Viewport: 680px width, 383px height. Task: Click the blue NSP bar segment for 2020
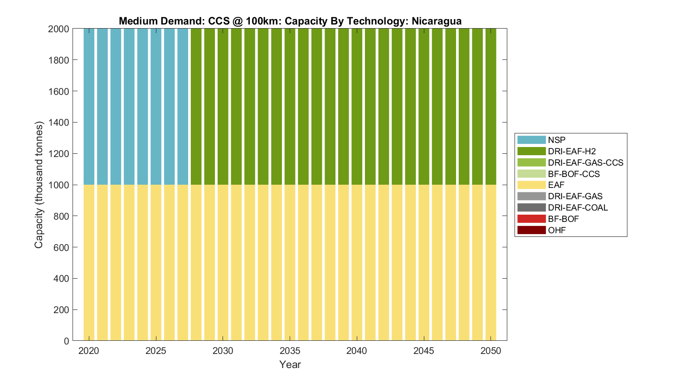(x=89, y=107)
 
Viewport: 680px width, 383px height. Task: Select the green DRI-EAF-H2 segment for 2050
(x=491, y=107)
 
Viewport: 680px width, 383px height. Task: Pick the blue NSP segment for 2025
(x=156, y=107)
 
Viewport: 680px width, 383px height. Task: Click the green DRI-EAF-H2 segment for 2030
(x=223, y=107)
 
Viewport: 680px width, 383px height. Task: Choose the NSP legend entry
(x=556, y=140)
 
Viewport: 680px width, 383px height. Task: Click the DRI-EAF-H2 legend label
(x=572, y=151)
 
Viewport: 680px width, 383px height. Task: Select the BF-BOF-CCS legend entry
(x=573, y=174)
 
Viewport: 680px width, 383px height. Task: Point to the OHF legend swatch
(x=531, y=230)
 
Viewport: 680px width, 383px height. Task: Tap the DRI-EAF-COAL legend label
(x=578, y=207)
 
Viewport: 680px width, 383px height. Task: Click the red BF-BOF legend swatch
(x=531, y=219)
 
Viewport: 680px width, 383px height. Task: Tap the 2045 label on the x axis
(x=423, y=351)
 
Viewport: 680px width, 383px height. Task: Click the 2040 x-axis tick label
(x=357, y=351)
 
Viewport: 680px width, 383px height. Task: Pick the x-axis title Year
(x=290, y=364)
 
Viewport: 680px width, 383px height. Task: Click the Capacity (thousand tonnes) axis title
(x=39, y=185)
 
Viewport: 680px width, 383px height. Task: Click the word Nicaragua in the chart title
(x=437, y=21)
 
